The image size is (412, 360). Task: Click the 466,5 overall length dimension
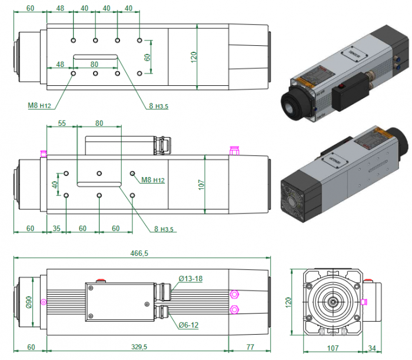140,253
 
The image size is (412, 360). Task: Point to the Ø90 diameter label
28,302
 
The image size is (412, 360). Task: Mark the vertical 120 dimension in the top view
194,57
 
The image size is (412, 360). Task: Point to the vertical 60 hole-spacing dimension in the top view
148,57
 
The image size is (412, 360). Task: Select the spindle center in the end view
333,302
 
